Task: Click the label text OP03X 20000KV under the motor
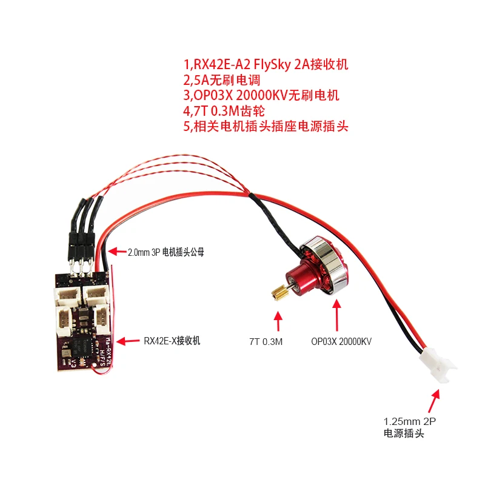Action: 341,342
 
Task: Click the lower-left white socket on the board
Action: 65,318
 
